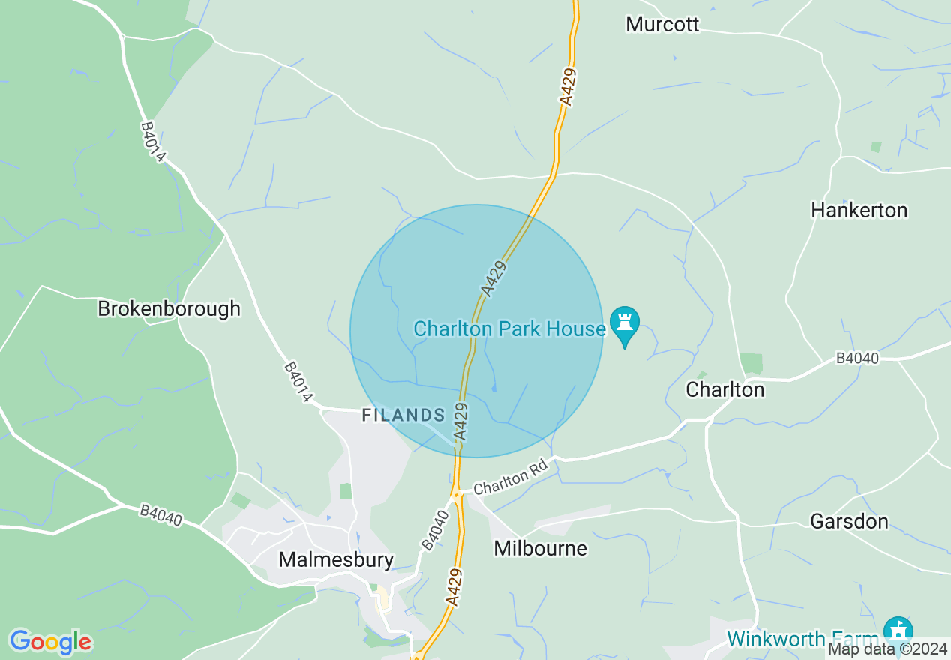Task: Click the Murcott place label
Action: click(662, 24)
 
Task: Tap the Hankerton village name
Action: click(859, 210)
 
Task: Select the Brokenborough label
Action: click(169, 308)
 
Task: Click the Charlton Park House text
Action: click(509, 328)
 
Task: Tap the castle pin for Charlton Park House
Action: click(624, 324)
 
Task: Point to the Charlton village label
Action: click(724, 389)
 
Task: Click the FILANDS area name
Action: click(403, 415)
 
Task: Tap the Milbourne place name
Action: click(540, 548)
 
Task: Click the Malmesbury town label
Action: click(335, 559)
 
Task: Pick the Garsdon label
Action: click(849, 521)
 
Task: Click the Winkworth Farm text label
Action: click(802, 639)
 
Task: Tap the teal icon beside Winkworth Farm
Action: click(898, 630)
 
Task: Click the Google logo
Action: click(50, 641)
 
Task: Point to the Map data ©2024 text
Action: click(887, 649)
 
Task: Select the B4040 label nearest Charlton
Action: click(857, 358)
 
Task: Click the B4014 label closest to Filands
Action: click(298, 382)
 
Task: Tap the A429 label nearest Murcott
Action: click(568, 86)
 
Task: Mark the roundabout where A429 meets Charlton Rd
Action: click(455, 494)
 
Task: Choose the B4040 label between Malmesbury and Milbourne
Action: click(434, 530)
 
